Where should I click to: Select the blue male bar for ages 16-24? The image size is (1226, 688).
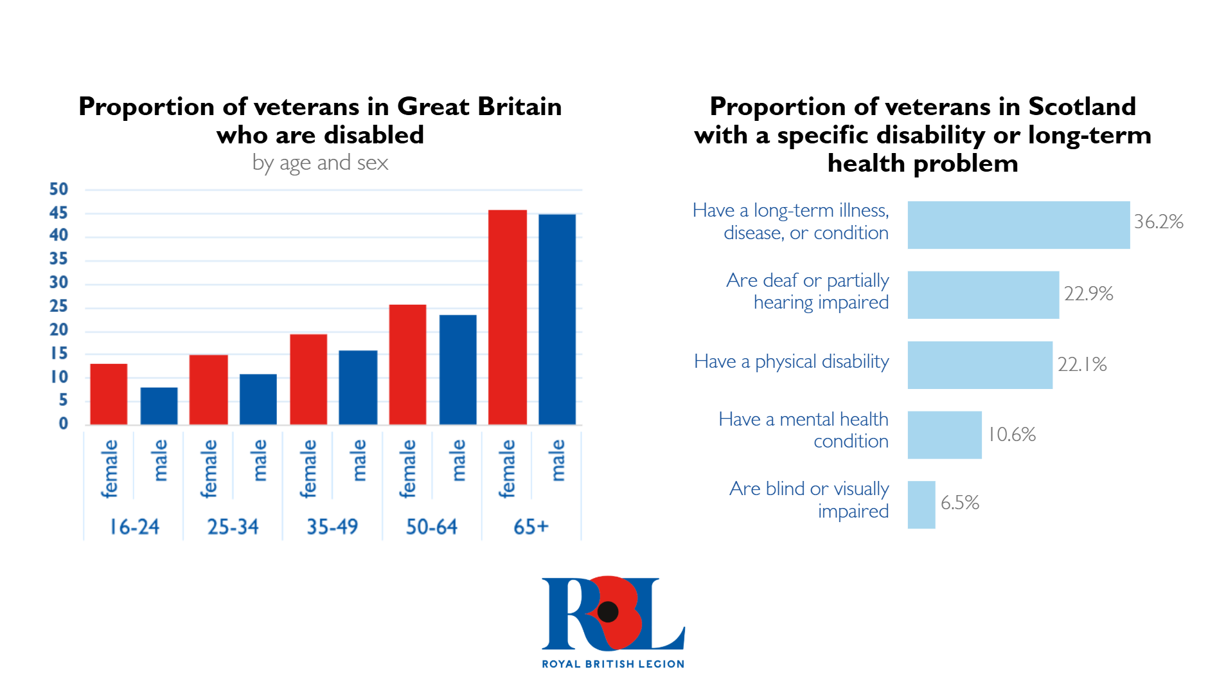(159, 406)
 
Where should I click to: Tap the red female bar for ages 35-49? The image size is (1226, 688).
(308, 379)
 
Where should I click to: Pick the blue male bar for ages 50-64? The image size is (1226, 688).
(458, 370)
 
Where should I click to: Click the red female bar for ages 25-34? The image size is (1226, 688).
(208, 390)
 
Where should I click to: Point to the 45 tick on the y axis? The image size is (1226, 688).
(58, 213)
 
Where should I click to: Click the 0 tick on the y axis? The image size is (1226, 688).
(63, 424)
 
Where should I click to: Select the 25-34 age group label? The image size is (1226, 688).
(233, 527)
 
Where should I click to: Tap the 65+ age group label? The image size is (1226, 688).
(531, 527)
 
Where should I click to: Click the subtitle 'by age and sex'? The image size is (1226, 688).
(320, 163)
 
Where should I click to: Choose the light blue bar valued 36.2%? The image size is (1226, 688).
(1018, 225)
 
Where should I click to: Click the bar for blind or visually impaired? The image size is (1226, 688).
(921, 505)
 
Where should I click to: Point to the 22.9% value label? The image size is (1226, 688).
(1088, 294)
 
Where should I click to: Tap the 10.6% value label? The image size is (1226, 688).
(1011, 435)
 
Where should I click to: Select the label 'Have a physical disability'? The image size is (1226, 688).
(791, 361)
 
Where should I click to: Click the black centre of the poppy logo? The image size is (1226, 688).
(607, 611)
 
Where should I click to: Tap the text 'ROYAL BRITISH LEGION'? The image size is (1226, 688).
(613, 664)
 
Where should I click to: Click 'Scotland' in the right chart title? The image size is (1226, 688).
(1081, 107)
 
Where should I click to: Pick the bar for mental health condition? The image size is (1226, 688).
(944, 435)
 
